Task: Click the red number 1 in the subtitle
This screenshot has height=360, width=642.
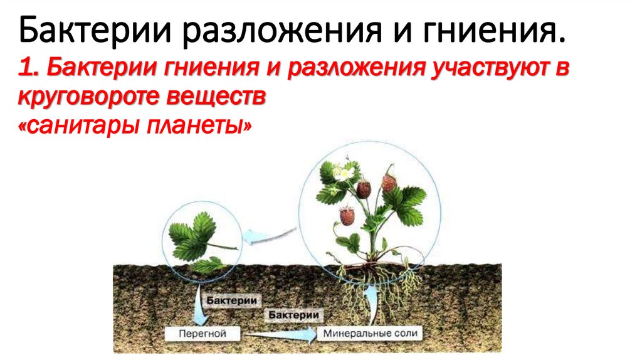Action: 26,71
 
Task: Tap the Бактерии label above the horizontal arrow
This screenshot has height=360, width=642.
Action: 295,314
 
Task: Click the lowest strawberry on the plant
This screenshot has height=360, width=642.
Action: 347,216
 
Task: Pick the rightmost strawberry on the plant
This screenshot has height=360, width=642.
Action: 389,183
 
